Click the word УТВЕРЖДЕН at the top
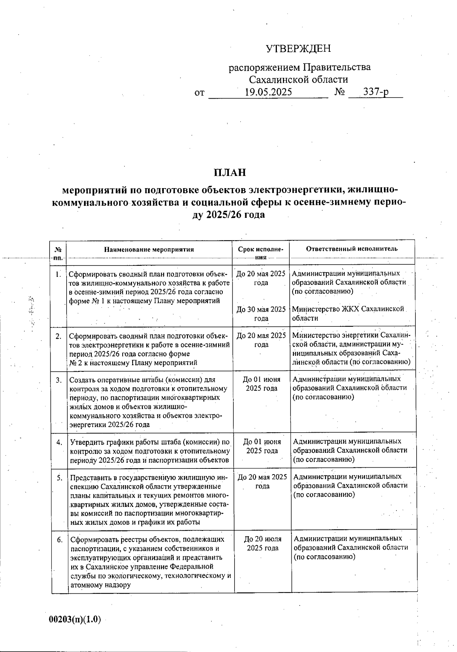point(298,49)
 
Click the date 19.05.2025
point(268,92)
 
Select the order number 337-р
point(376,92)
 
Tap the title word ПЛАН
point(230,173)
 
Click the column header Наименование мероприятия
point(149,250)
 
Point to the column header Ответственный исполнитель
point(352,249)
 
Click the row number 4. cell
point(59,442)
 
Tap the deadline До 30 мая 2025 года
point(261,314)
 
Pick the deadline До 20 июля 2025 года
point(263,543)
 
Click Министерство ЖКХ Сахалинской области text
point(348,313)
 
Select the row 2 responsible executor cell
point(351,348)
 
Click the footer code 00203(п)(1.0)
point(75,619)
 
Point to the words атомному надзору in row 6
point(101,585)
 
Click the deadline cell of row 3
point(262,384)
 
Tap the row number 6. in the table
point(59,540)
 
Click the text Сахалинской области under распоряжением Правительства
point(298,80)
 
